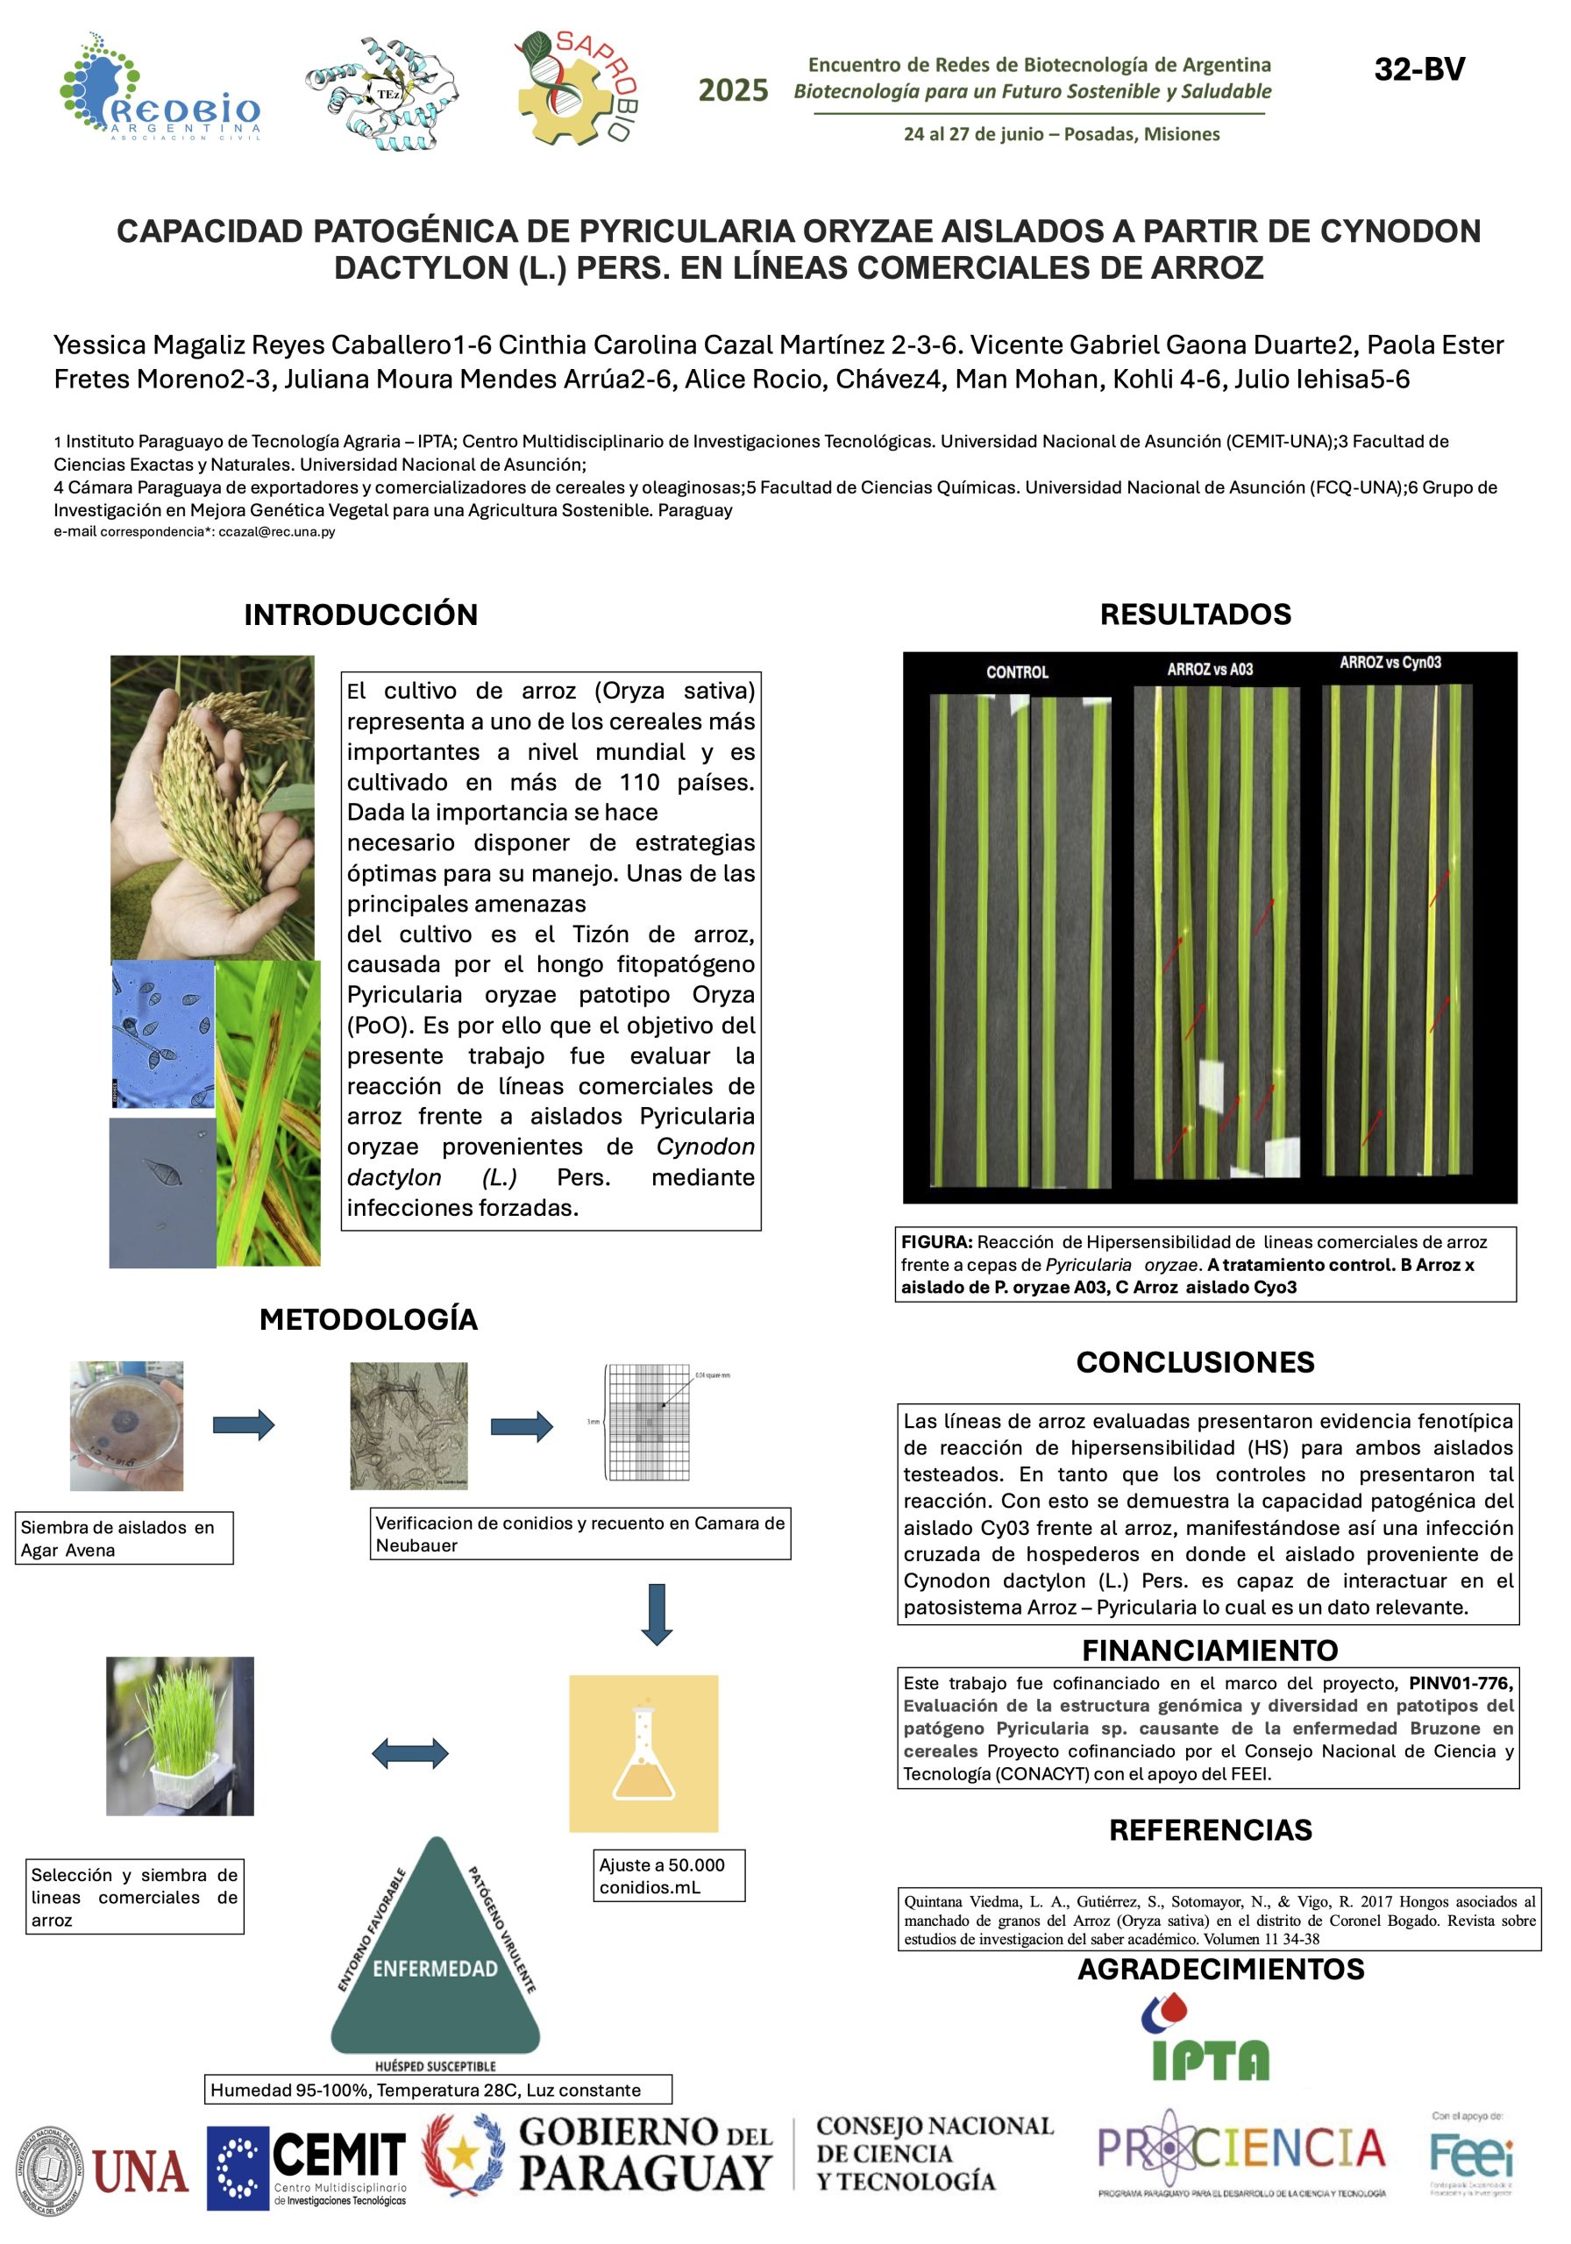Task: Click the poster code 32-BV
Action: click(1418, 69)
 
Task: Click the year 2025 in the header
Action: click(732, 90)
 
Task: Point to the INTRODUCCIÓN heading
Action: click(360, 614)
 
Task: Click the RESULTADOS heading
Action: click(1195, 614)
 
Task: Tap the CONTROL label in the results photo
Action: click(1017, 671)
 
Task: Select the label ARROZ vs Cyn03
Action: click(1390, 663)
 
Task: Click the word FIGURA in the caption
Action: click(935, 1241)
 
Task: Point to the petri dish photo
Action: click(126, 1425)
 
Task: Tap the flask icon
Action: click(643, 1753)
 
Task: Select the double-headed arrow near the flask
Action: click(409, 1752)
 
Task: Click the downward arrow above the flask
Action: click(656, 1616)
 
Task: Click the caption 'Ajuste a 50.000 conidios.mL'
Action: click(668, 1875)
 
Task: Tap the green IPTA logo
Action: click(1209, 2040)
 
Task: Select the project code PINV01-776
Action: click(1460, 1682)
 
